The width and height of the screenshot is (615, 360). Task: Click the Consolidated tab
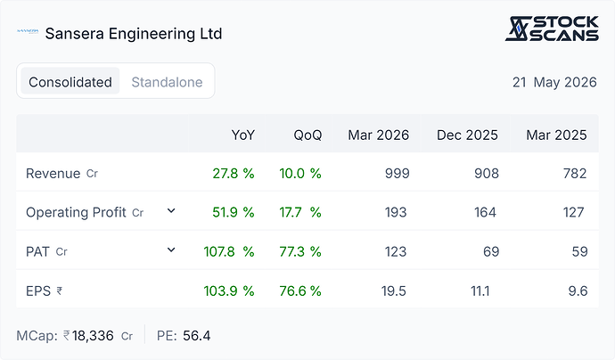coord(70,82)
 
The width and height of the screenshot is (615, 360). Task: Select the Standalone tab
coord(167,82)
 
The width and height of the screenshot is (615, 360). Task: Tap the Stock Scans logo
coord(552,29)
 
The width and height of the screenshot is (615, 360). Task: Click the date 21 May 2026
coord(554,82)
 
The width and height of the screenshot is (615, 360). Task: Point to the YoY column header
coord(242,135)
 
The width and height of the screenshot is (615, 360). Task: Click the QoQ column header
coord(307,135)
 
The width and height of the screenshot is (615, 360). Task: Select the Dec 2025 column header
coord(467,135)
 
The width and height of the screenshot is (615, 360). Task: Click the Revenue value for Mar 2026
coord(397,174)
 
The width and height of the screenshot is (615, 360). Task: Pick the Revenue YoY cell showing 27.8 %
coord(234,174)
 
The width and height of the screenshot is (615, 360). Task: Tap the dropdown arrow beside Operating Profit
coord(171,211)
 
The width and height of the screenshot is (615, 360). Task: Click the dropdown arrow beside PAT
coord(171,250)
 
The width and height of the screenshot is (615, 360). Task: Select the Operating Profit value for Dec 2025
coord(485,212)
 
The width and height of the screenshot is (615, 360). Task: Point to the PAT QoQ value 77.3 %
coord(300,251)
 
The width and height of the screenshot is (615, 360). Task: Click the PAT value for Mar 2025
coord(579,251)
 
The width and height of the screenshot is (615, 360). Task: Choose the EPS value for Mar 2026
coord(393,291)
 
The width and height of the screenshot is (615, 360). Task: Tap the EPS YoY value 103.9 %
coord(229,291)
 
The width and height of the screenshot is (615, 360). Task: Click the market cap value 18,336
coord(93,336)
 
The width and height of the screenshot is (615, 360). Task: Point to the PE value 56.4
coord(196,336)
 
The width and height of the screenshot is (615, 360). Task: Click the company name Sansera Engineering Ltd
coord(134,34)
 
